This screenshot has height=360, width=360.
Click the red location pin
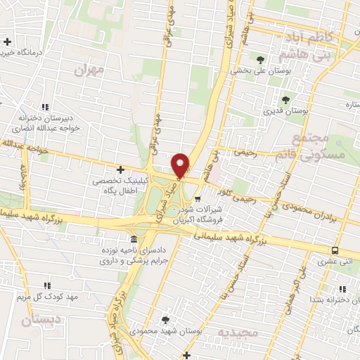tap(181, 165)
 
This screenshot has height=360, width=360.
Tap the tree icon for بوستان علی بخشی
tap(262, 59)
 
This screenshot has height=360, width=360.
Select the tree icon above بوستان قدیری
tap(285, 100)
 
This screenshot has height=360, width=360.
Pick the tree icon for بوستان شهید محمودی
tap(165, 320)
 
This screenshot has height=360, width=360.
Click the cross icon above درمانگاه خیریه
tap(8, 42)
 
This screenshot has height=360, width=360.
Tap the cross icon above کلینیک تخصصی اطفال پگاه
tap(121, 169)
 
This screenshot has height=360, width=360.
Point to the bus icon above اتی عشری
tap(335, 251)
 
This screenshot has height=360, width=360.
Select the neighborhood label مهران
tap(88, 70)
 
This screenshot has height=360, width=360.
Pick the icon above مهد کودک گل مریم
tap(47, 285)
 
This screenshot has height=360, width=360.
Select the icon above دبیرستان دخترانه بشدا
tap(342, 288)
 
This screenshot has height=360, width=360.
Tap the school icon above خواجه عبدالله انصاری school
tap(45, 107)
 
